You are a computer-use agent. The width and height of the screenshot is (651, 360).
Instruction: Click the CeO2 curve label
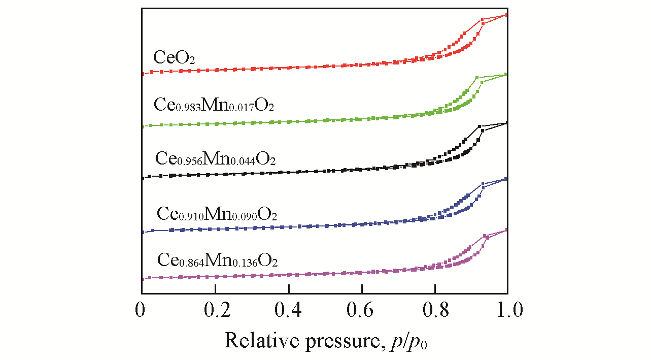tap(174, 57)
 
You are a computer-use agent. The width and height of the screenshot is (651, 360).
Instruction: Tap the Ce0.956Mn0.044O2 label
tap(215, 159)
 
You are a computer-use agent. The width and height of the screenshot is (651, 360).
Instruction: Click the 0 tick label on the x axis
tap(142, 310)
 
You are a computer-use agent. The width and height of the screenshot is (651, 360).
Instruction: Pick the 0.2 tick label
tap(215, 310)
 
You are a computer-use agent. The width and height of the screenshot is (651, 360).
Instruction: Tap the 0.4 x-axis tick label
tap(288, 310)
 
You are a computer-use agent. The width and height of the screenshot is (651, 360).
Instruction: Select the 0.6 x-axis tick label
tap(362, 310)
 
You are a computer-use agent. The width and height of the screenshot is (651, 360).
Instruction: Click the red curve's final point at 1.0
tap(507, 15)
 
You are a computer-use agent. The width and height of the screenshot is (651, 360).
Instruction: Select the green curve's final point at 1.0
tap(507, 75)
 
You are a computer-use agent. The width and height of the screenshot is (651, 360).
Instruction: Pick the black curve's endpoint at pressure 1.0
tap(507, 123)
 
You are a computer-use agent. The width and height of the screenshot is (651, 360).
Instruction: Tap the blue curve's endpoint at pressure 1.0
tap(507, 179)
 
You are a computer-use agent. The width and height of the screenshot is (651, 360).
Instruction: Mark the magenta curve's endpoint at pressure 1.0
tap(507, 230)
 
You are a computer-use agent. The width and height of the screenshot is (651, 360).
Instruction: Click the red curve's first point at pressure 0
tap(143, 74)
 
